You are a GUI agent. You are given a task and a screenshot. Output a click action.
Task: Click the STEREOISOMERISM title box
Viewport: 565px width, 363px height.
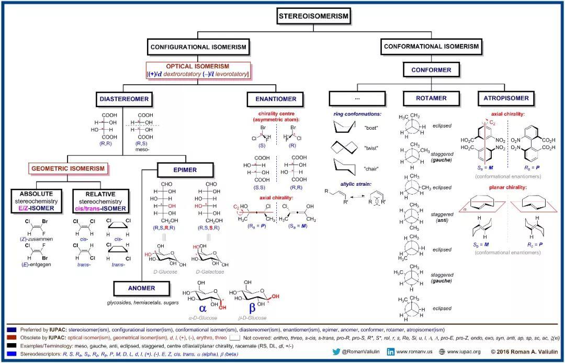(313, 16)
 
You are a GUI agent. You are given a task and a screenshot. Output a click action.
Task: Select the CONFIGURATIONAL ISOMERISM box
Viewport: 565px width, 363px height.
(198, 47)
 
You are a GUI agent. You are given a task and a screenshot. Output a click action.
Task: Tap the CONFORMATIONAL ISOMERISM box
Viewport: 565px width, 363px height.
(431, 47)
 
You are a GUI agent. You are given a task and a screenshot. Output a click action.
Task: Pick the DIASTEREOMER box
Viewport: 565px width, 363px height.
(125, 98)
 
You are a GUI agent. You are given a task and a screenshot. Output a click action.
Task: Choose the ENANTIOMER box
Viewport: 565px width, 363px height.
(276, 98)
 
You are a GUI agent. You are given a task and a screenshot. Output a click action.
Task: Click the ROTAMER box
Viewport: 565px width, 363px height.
(431, 98)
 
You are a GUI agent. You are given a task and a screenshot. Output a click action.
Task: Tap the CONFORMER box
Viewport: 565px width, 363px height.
(431, 70)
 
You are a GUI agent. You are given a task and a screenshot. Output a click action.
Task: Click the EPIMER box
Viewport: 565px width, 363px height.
(185, 170)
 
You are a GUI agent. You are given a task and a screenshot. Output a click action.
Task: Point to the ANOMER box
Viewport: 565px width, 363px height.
(142, 288)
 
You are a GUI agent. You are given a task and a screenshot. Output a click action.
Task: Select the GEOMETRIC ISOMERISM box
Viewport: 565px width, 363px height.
(68, 168)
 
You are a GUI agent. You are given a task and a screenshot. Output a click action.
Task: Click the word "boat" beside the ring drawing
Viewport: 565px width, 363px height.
(370, 127)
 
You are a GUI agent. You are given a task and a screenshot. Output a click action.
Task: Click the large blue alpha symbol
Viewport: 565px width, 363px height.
(203, 308)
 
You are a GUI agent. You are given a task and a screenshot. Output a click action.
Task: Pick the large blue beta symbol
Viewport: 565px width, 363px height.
(252, 308)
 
